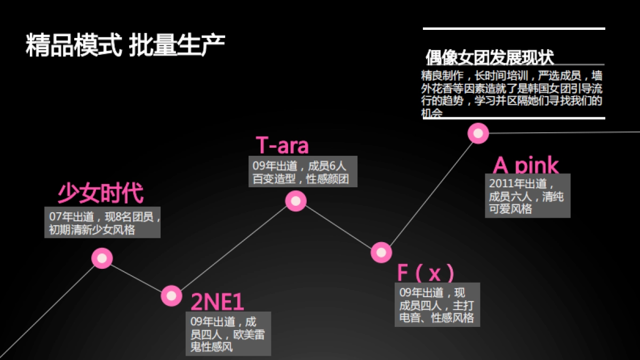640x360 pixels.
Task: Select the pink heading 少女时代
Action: [100, 194]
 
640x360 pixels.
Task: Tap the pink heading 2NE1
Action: [217, 302]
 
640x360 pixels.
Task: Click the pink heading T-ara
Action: [282, 145]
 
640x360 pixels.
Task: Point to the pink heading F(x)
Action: [426, 273]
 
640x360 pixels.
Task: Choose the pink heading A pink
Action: [526, 165]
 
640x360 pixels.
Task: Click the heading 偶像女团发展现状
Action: [490, 57]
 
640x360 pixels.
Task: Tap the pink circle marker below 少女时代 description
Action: [102, 258]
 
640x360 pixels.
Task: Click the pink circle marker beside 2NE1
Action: [171, 295]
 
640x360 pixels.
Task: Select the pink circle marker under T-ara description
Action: [295, 201]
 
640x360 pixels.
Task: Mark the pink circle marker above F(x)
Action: [381, 252]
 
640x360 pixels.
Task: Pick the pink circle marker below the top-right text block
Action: [478, 133]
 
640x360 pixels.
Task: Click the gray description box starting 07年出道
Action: [102, 223]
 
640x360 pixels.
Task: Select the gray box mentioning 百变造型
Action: [303, 172]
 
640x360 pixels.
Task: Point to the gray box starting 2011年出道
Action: [527, 196]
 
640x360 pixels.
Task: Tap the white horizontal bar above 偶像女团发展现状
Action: [514, 28]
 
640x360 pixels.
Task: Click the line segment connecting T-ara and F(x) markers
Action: [339, 227]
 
